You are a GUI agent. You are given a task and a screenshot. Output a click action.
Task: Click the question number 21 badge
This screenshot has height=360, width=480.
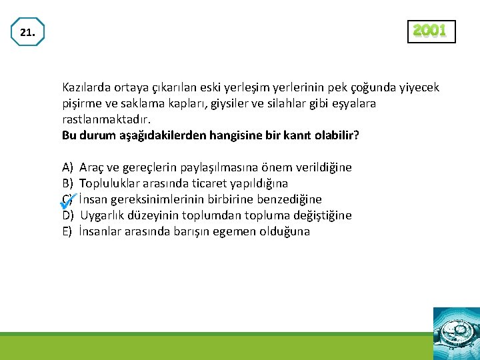[x=27, y=32]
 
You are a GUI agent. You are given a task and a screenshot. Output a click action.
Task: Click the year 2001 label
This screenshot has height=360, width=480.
[x=431, y=31]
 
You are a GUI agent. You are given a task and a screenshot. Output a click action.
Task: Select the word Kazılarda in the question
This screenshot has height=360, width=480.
[x=85, y=87]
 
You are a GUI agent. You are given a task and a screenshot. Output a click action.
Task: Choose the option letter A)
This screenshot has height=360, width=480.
[x=67, y=167]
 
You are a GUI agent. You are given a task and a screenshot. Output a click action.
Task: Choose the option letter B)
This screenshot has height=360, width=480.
[x=67, y=183]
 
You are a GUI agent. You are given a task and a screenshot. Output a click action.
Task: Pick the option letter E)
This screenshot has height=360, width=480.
[x=67, y=231]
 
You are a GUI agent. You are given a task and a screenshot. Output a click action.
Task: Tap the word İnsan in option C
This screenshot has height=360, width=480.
[x=93, y=199]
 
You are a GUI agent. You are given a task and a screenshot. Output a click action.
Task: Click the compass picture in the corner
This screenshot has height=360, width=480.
[x=456, y=333]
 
